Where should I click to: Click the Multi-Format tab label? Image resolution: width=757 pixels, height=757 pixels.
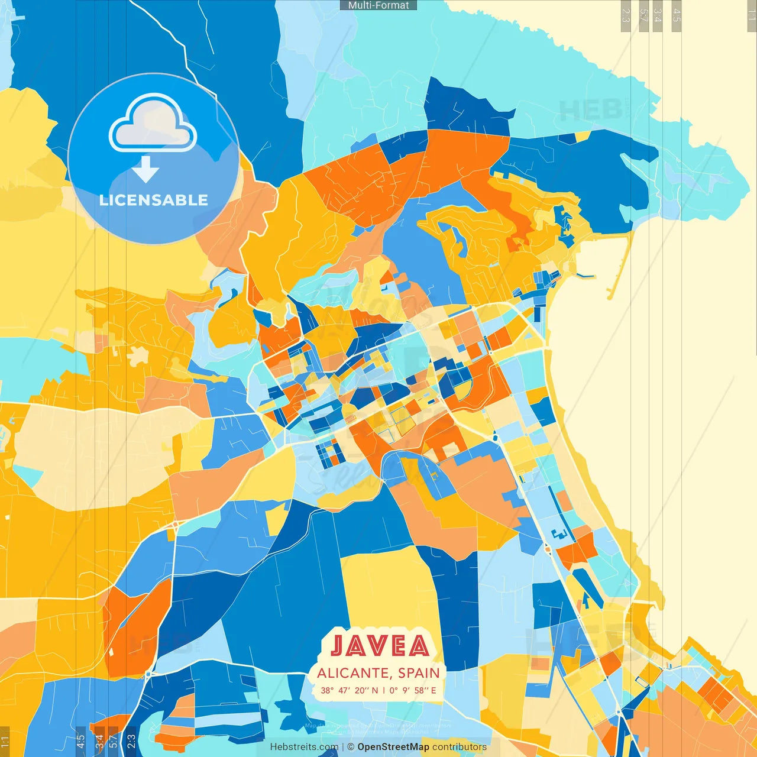tap(378, 5)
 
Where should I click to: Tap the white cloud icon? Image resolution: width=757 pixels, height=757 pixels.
tap(153, 124)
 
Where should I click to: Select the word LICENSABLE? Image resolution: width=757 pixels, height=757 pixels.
tap(154, 200)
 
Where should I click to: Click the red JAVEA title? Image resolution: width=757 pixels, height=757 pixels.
tap(380, 646)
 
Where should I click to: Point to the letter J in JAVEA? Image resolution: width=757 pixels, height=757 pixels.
tap(338, 646)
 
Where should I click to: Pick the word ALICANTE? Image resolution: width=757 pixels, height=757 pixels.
tap(352, 673)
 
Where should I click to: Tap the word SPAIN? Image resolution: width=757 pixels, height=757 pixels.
tap(419, 673)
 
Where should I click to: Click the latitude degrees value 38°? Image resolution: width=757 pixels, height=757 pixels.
tap(327, 690)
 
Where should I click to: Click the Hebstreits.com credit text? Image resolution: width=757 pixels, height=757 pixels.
tap(304, 747)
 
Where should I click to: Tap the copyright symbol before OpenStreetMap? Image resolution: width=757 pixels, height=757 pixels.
tap(350, 747)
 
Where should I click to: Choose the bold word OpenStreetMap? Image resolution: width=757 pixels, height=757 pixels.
tap(393, 747)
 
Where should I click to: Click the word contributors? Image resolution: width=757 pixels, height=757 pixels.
tap(460, 747)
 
